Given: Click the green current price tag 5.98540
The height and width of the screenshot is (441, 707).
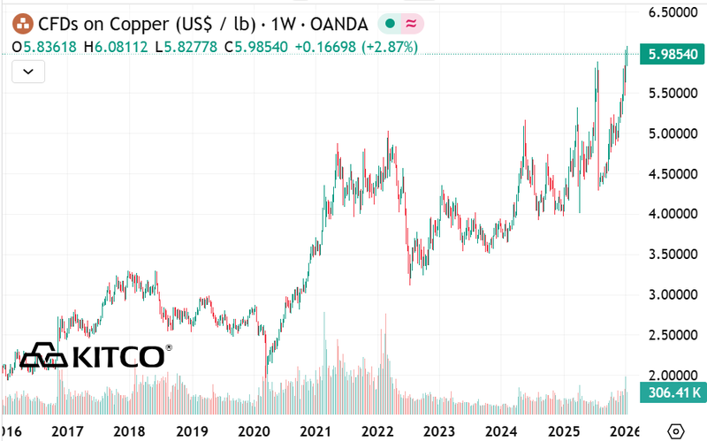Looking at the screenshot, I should pos(673,55).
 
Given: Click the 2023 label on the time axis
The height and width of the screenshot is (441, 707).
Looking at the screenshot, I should pos(439,431).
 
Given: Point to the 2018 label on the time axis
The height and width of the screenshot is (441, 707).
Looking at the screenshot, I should pos(130,431).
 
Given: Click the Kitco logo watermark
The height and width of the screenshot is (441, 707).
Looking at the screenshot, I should pos(94,356).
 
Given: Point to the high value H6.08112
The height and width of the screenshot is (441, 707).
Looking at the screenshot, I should pos(118,46).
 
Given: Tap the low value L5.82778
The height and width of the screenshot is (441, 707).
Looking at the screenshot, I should pos(189,46).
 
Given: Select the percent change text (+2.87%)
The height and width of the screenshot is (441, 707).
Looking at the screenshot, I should pos(386,46).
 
